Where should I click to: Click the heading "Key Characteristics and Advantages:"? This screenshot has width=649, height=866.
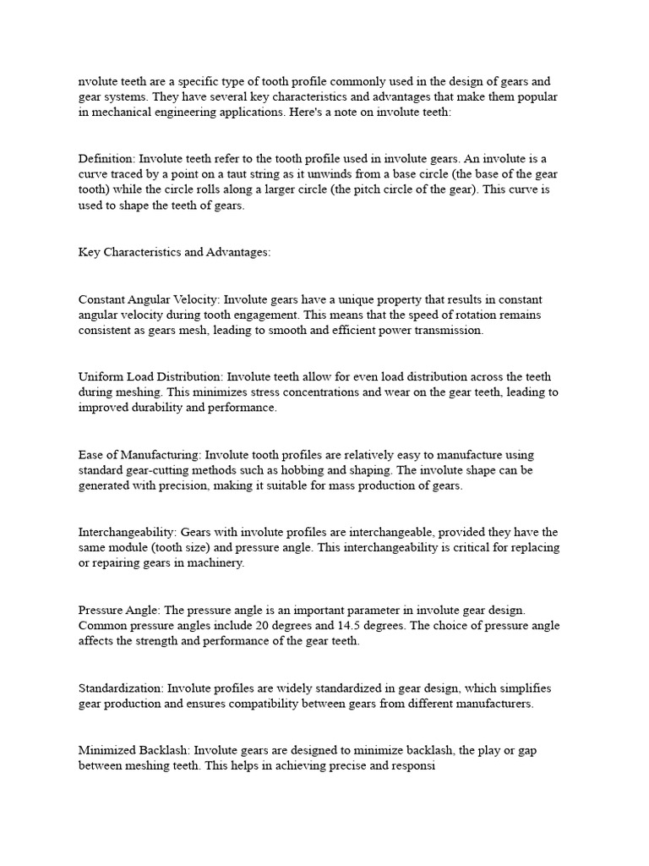(x=175, y=252)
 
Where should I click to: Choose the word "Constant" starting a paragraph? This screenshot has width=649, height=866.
(x=103, y=299)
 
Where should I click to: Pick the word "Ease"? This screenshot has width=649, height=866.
(x=92, y=455)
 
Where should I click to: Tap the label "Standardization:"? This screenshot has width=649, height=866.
(x=118, y=688)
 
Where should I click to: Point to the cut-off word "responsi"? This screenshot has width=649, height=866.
(x=411, y=765)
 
